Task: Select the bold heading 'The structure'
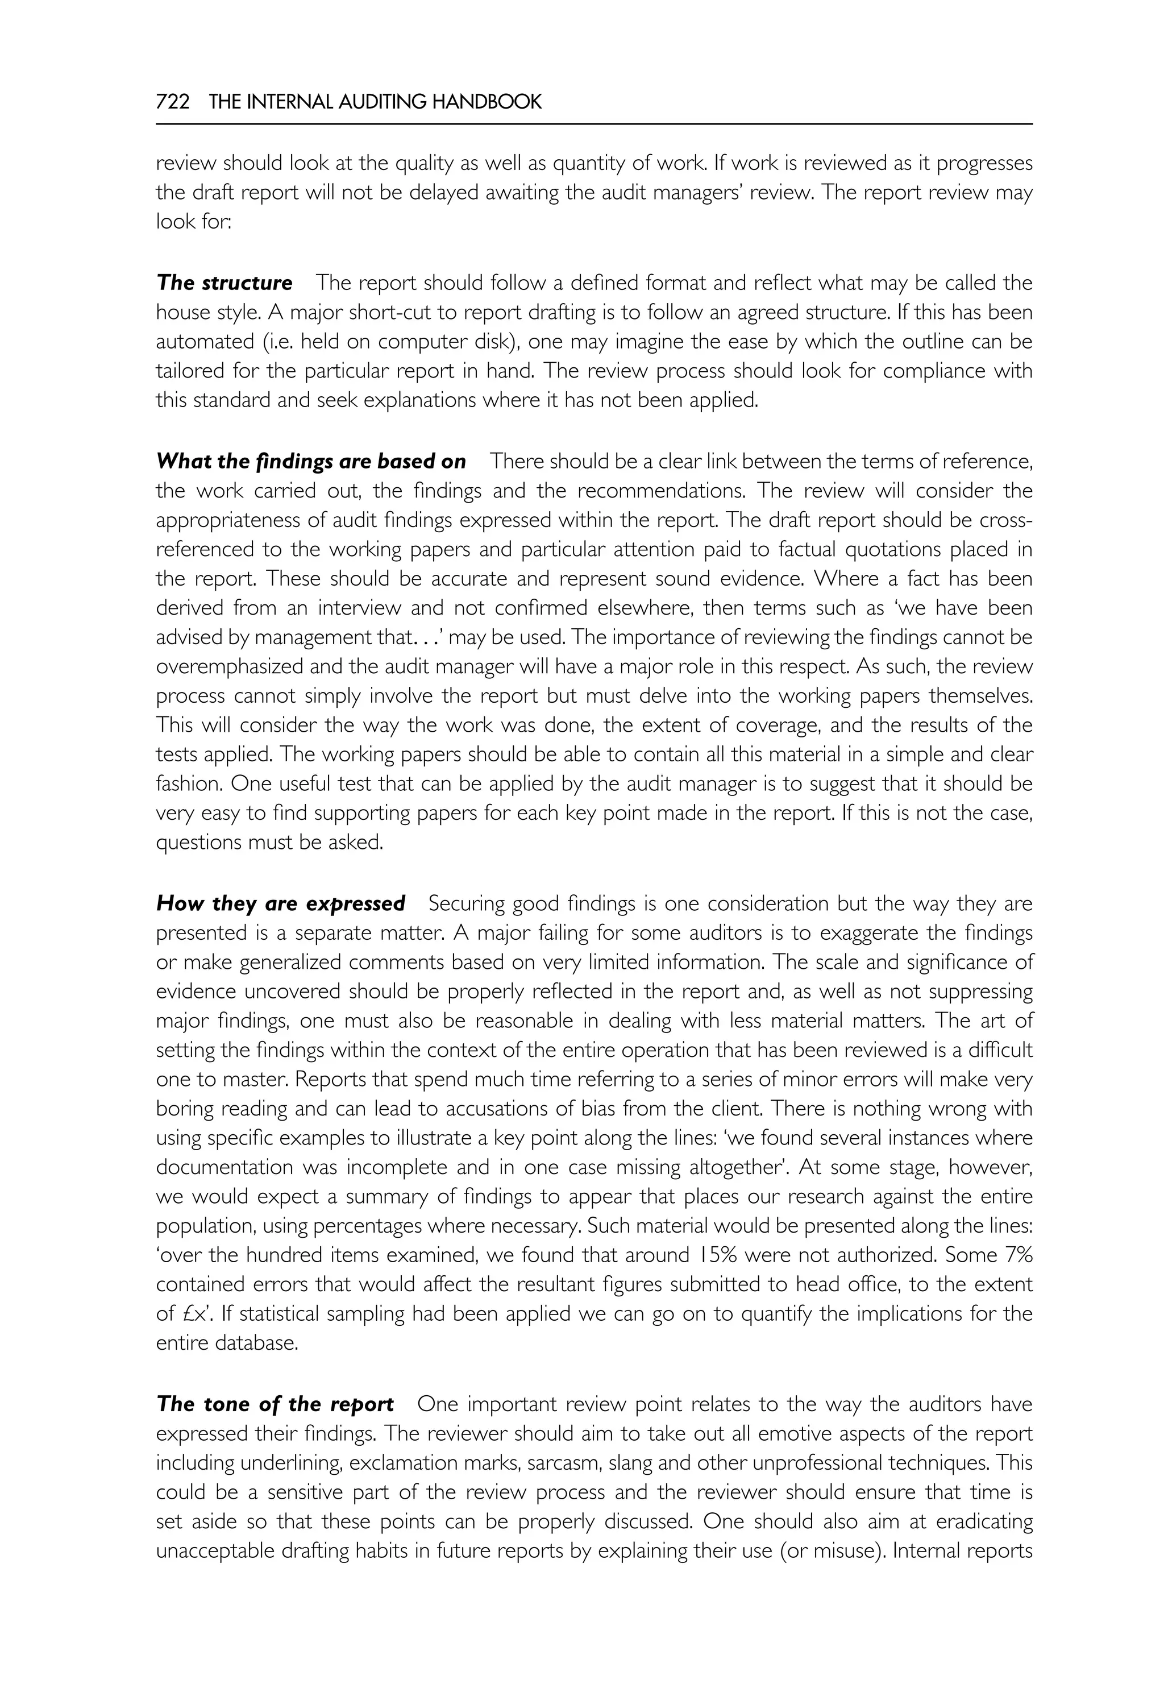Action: [x=225, y=283]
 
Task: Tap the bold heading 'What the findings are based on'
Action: [x=311, y=462]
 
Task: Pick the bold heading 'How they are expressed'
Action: [x=281, y=904]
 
